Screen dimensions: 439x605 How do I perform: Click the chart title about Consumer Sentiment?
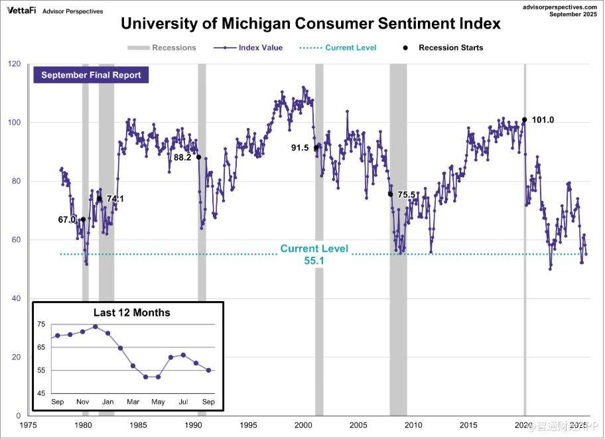(310, 25)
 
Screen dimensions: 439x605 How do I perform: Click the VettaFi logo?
(22, 11)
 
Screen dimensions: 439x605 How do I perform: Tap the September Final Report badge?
(91, 75)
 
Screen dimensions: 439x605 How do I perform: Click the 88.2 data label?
(182, 158)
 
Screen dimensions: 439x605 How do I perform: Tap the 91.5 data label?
(300, 148)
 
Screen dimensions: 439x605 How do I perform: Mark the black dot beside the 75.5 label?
(390, 194)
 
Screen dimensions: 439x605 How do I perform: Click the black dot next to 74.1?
(100, 198)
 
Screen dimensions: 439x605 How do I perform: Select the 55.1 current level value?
(314, 261)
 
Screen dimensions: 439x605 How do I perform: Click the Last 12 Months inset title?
(131, 312)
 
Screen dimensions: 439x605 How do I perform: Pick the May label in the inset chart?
(158, 402)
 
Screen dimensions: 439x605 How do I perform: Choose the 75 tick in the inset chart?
(42, 324)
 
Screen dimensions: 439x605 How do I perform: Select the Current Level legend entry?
(350, 48)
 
